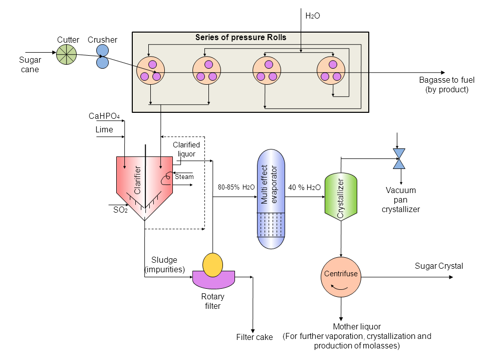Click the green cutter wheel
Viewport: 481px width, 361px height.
click(x=66, y=54)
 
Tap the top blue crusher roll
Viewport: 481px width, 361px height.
click(x=102, y=51)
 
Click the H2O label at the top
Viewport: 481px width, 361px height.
click(x=312, y=16)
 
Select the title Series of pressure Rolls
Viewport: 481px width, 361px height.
click(x=241, y=38)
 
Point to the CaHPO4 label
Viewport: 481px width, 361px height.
click(x=104, y=116)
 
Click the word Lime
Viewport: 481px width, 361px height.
click(x=104, y=130)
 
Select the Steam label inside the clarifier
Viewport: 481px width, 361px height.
click(x=184, y=177)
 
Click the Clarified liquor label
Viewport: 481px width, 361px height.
click(x=186, y=149)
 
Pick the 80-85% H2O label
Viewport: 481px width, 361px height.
click(x=236, y=188)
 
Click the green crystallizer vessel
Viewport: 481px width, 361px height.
click(x=341, y=197)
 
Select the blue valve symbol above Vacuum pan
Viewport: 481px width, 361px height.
click(x=399, y=158)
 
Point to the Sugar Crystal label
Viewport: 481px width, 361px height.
click(x=439, y=266)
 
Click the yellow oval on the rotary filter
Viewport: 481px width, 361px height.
click(x=212, y=264)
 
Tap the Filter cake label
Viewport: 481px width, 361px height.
click(x=255, y=337)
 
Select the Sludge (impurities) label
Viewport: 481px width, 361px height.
click(x=165, y=265)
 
